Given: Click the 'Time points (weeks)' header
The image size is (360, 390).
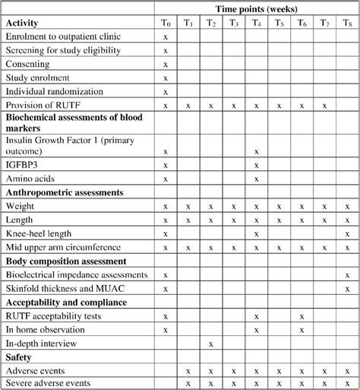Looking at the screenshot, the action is coord(257,8).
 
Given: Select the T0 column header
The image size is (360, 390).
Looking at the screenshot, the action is coord(166,23).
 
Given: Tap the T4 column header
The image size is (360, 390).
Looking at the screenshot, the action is coord(257,23).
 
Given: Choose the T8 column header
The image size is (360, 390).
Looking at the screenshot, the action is coord(347,23).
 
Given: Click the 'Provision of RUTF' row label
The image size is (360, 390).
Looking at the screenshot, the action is coord(44,106).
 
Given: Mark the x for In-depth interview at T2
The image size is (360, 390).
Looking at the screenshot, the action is coord(211,344).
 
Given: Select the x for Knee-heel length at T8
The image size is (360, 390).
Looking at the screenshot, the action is coord(347,234).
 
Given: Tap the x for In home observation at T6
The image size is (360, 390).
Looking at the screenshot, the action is coord(302,330).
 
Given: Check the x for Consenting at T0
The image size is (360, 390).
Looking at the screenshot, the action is coord(166,65).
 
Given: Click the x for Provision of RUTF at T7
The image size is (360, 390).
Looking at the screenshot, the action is coord(324,106).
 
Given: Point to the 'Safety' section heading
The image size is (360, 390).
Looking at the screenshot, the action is coord(19,357).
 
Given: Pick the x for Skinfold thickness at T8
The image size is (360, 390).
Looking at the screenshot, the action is coord(347,289).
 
